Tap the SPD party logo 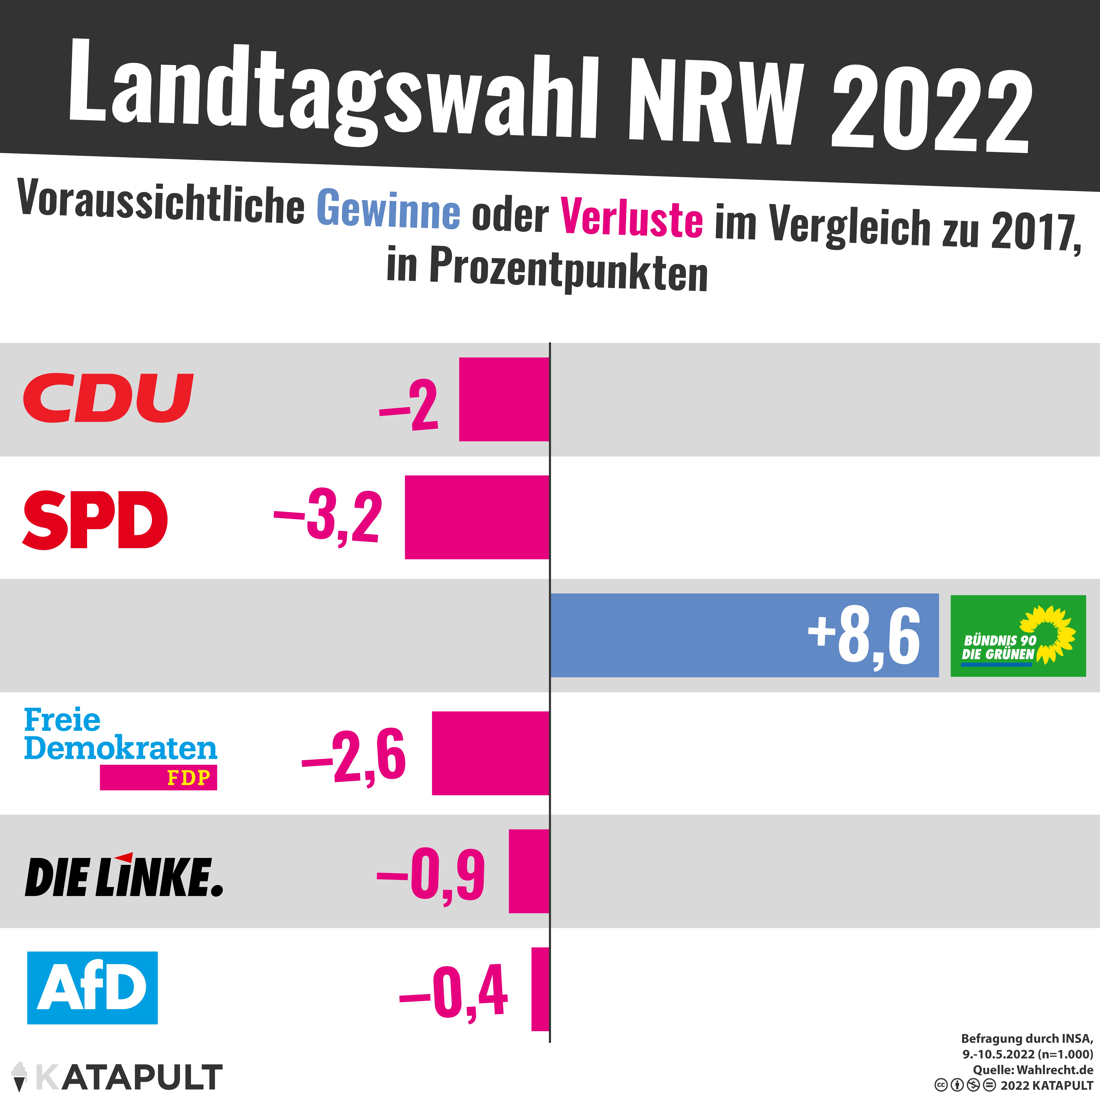tap(95, 520)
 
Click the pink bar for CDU tap(504, 399)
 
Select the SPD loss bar tap(477, 517)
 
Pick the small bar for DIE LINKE tap(528, 871)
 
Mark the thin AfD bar tap(540, 988)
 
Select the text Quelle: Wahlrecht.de tap(1033, 1069)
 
